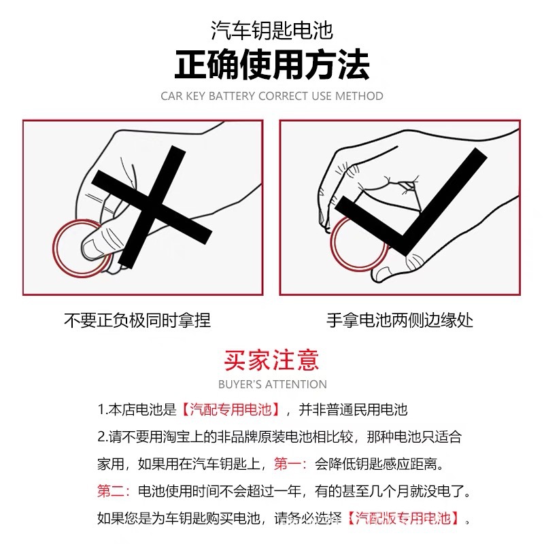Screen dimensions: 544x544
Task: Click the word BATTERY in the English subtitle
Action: point(231,96)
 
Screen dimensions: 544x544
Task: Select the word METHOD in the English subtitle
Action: point(359,96)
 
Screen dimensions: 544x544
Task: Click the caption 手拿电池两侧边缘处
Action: point(400,320)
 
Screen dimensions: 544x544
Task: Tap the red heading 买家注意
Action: point(271,360)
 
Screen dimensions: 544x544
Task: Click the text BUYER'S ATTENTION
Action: point(272,384)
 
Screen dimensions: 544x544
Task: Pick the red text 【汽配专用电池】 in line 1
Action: point(231,409)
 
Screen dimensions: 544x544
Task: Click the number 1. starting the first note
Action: point(103,410)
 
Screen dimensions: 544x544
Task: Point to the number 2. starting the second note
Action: point(103,437)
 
